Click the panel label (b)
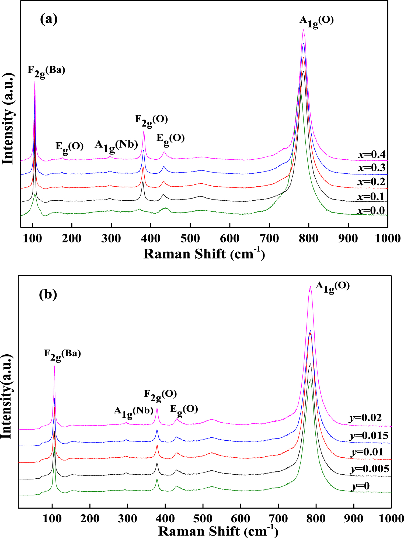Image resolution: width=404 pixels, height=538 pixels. pyautogui.click(x=48, y=294)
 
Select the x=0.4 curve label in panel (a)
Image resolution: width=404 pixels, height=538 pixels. pyautogui.click(x=372, y=155)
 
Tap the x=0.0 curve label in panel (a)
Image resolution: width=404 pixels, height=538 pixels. pyautogui.click(x=371, y=211)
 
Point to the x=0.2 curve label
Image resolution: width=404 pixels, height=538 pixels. pyautogui.click(x=371, y=182)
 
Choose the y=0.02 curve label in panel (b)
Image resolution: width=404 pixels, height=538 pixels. pyautogui.click(x=365, y=418)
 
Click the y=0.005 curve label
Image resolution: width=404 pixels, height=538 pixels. pyautogui.click(x=370, y=469)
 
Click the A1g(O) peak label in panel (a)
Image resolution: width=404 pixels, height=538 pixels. pyautogui.click(x=316, y=21)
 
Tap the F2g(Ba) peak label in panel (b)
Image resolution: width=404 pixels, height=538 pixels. pyautogui.click(x=62, y=354)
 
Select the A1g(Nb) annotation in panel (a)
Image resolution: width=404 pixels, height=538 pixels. pyautogui.click(x=116, y=146)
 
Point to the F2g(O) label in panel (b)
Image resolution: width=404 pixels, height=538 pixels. pyautogui.click(x=160, y=395)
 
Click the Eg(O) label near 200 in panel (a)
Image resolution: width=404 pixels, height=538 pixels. pyautogui.click(x=69, y=147)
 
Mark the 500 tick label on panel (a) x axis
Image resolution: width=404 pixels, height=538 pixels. pyautogui.click(x=190, y=238)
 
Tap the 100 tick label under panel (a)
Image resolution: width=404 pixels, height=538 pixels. pyautogui.click(x=32, y=238)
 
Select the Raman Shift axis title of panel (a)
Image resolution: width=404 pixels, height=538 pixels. pyautogui.click(x=204, y=254)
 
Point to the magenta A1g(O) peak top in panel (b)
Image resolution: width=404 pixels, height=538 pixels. pyautogui.click(x=310, y=287)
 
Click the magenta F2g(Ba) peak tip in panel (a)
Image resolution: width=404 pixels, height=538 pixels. pyautogui.click(x=35, y=81)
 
